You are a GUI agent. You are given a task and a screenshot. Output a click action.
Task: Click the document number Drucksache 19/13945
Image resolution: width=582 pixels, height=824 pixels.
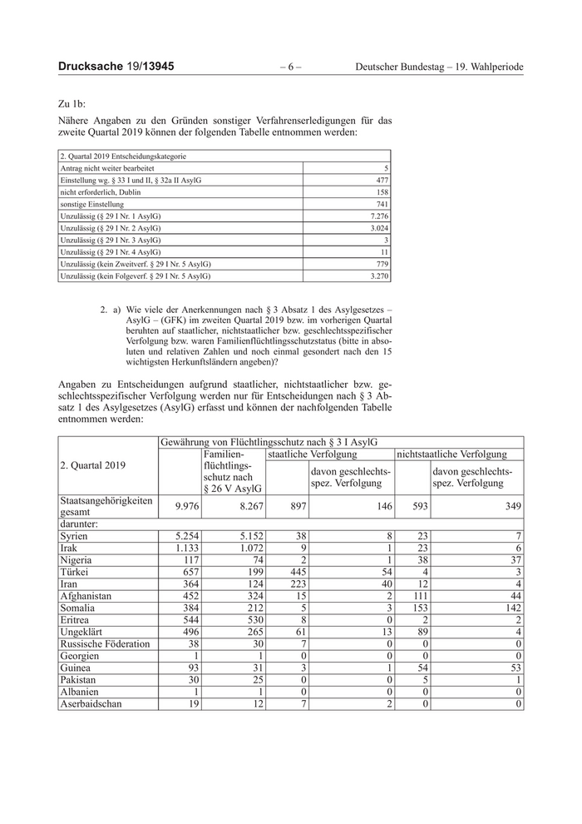(116, 66)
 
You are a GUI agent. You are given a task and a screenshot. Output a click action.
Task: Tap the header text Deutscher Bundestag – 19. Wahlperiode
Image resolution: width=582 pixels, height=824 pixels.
(445, 67)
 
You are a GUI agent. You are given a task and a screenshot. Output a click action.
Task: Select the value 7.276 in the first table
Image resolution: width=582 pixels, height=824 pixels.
(377, 216)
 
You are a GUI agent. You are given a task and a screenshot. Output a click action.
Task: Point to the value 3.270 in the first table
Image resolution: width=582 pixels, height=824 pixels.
(377, 275)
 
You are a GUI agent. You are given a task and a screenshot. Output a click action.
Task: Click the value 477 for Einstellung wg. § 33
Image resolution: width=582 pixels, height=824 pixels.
(382, 180)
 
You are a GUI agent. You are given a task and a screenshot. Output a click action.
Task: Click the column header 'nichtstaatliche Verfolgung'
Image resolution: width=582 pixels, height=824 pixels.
(451, 454)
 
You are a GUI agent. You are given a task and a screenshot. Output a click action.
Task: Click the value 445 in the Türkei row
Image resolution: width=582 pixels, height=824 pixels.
(296, 573)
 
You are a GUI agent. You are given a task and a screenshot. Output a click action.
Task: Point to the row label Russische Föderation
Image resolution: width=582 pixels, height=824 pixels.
(105, 644)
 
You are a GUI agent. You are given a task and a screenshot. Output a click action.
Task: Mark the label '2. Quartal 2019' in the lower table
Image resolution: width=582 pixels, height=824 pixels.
(92, 465)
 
